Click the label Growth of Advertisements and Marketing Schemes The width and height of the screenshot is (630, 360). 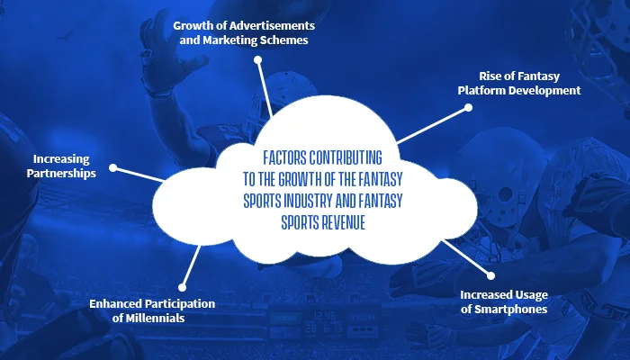point(244,32)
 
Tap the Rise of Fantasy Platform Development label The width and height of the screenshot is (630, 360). point(519,83)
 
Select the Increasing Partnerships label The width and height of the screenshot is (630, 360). point(61,166)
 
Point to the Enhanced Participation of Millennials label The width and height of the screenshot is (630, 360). point(152,310)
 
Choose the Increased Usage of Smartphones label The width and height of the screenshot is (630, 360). point(504,301)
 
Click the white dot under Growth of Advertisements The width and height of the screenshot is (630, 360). point(258,60)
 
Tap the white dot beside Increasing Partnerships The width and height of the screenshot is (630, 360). point(113,167)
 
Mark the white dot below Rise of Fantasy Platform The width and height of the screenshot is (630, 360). point(468,108)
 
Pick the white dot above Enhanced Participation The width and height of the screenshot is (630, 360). point(182,287)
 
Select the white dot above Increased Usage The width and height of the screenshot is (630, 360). point(490,275)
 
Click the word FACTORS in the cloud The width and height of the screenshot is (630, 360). point(284,157)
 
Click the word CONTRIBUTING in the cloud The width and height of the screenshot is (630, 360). point(346,157)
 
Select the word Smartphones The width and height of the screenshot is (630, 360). point(510,310)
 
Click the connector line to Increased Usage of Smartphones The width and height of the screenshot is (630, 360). point(466,258)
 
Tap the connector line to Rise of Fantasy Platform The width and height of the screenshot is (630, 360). point(432,125)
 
